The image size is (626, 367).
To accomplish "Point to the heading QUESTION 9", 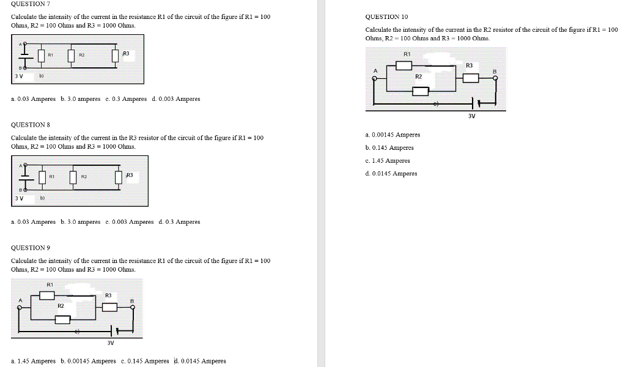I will click(x=30, y=248).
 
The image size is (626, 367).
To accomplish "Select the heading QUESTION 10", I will click(x=386, y=17).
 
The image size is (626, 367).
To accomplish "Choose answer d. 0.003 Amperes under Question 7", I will click(x=175, y=98).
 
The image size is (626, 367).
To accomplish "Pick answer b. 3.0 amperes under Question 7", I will click(x=81, y=98).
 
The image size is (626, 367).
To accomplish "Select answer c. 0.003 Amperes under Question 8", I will click(x=129, y=222).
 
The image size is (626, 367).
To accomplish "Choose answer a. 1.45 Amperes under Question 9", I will click(x=33, y=361).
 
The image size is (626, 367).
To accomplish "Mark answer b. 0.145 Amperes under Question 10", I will click(x=389, y=147).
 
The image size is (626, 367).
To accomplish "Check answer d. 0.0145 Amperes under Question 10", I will click(x=391, y=174).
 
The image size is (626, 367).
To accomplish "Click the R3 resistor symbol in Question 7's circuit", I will click(x=116, y=56).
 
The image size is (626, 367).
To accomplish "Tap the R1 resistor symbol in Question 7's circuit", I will click(x=42, y=56).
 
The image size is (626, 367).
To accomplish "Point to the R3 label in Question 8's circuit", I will click(x=130, y=176).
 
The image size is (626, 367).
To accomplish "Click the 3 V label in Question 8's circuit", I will click(x=19, y=198).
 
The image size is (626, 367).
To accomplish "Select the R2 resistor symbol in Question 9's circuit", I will click(x=62, y=319).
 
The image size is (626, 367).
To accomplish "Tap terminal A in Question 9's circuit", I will click(x=20, y=308).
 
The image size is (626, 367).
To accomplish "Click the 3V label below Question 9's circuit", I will click(x=111, y=343).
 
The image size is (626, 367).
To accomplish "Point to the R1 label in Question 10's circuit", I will click(x=407, y=54).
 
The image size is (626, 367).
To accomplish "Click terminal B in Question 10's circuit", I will click(x=495, y=78).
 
